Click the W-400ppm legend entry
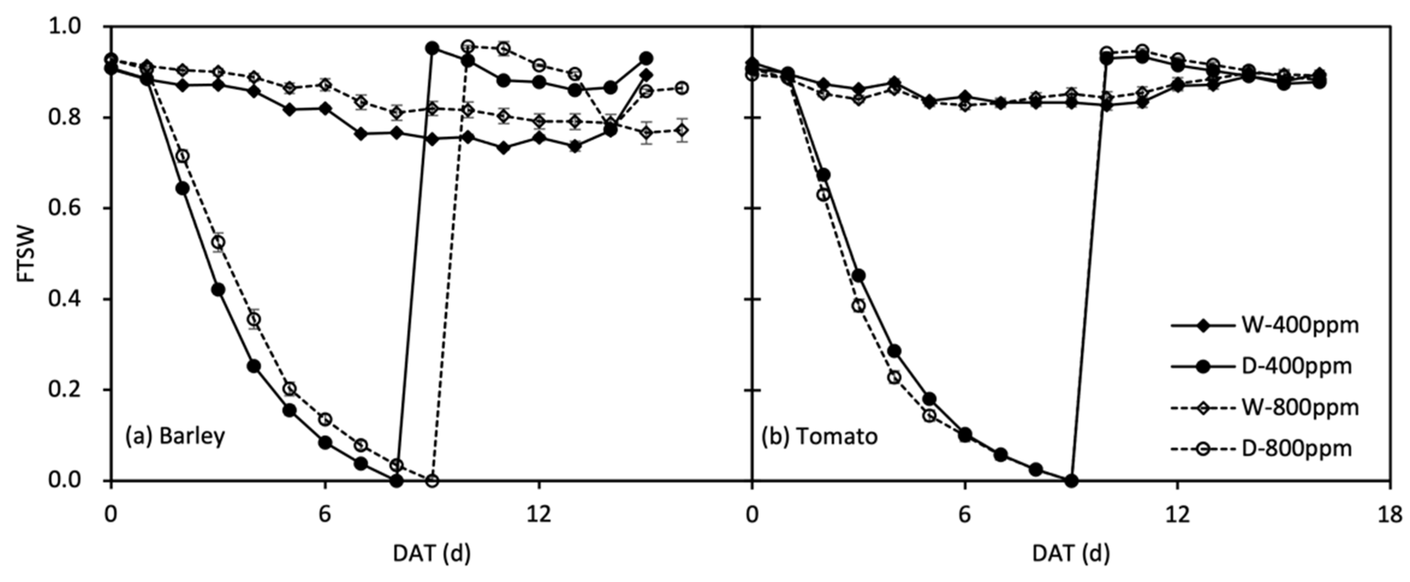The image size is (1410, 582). [x=1264, y=325]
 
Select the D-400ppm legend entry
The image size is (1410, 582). [x=1264, y=366]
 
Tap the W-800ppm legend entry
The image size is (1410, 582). [x=1264, y=407]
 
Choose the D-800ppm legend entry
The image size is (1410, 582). [x=1264, y=449]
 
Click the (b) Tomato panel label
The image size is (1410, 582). [x=820, y=436]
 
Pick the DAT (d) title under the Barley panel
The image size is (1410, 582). [x=432, y=554]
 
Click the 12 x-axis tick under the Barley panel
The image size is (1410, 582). [x=539, y=515]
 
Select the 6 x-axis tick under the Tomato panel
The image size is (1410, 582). [x=965, y=515]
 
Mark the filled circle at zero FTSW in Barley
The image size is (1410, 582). [x=397, y=481]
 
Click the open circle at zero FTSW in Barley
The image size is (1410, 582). [x=432, y=481]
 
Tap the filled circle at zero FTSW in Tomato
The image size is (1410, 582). [x=1072, y=481]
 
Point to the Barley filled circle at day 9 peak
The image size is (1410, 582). [x=432, y=48]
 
